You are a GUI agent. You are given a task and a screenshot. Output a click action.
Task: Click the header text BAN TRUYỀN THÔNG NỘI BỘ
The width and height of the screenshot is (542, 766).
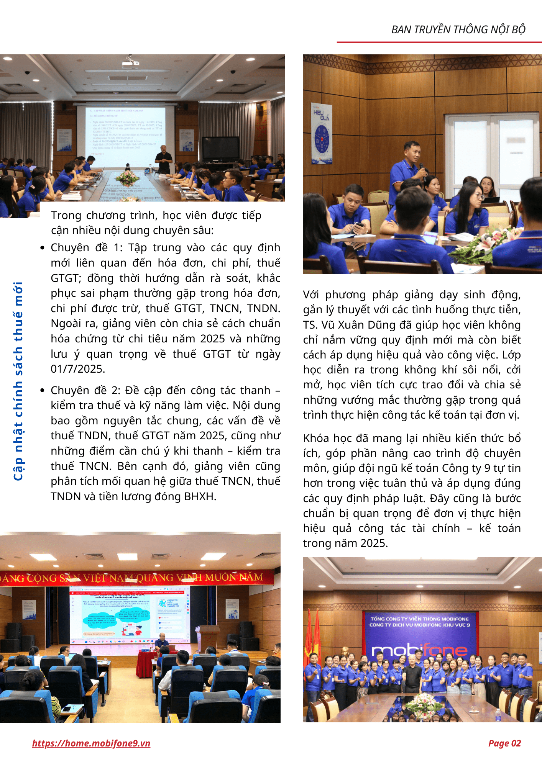[x=458, y=29]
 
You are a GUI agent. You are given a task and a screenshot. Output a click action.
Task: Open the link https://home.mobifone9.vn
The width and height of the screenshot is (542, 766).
[x=91, y=743]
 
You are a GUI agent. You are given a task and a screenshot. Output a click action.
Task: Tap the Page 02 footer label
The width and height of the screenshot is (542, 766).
[x=504, y=743]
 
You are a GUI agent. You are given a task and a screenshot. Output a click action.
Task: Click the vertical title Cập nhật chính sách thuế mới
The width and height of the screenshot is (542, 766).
[x=18, y=381]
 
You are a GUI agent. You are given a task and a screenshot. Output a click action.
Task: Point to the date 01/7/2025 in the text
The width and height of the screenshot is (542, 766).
[x=78, y=369]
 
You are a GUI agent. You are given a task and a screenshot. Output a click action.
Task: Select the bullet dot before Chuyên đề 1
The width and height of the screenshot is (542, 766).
[x=43, y=248]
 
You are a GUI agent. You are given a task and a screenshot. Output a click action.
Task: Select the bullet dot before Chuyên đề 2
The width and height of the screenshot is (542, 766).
[x=43, y=390]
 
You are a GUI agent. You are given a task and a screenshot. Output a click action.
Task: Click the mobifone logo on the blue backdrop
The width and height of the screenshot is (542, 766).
[x=419, y=650]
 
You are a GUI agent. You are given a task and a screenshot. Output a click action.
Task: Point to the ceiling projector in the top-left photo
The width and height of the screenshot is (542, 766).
[x=130, y=64]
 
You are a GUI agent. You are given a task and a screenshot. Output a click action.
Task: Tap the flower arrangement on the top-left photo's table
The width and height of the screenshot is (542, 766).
[x=128, y=177]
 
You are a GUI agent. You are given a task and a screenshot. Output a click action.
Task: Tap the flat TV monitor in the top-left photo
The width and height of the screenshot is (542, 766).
[x=220, y=149]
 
